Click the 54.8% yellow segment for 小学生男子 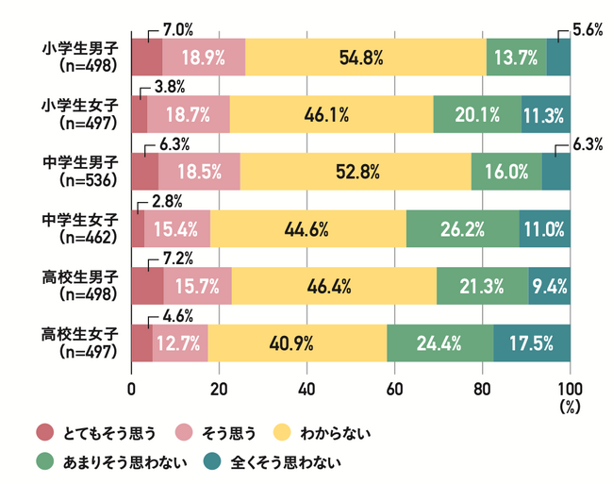click(x=365, y=58)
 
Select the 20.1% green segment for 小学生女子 click(x=477, y=115)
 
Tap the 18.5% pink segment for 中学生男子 click(x=199, y=172)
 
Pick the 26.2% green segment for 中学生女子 click(x=462, y=228)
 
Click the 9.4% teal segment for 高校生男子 click(x=549, y=286)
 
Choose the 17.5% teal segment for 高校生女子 click(x=532, y=342)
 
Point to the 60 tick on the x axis click(x=394, y=388)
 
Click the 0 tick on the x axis click(x=132, y=388)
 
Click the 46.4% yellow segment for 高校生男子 click(x=333, y=286)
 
